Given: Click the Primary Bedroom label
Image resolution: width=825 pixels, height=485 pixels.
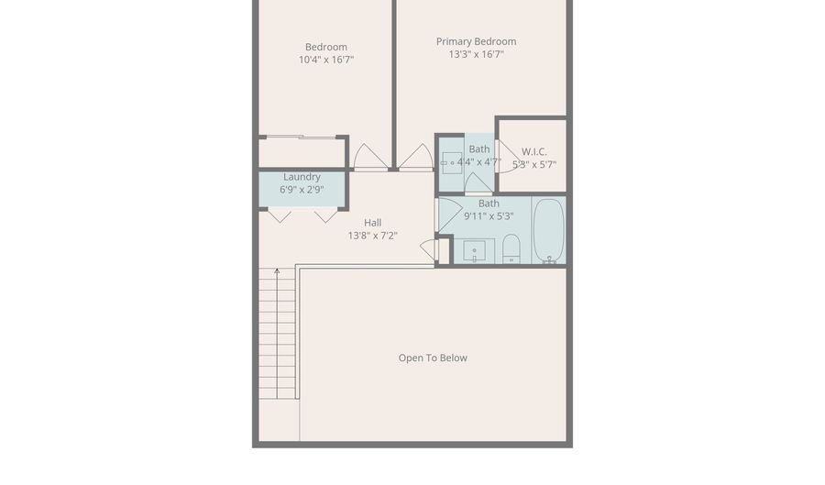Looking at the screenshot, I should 476,41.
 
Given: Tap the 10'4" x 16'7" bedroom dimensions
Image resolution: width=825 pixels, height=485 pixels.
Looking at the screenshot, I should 325,60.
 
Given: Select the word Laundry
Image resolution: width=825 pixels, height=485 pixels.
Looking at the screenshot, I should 302,177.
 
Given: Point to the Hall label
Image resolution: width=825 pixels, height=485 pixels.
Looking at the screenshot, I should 372,222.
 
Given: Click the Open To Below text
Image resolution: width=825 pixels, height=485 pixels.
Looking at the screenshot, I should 433,358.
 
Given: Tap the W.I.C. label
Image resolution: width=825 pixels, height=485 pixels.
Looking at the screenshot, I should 533,151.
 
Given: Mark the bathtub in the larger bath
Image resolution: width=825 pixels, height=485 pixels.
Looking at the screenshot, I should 548,230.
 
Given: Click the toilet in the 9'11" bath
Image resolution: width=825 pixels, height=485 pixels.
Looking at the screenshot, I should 511,248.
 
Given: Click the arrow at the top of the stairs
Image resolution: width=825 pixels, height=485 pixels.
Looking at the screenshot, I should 276,271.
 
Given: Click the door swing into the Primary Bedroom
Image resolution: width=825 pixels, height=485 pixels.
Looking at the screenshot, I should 417,158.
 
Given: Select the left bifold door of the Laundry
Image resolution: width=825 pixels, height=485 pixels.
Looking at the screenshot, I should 280,216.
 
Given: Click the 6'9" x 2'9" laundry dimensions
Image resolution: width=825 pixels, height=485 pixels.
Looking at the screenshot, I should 302,190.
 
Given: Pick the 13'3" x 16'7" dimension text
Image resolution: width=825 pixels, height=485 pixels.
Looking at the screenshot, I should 476,54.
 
